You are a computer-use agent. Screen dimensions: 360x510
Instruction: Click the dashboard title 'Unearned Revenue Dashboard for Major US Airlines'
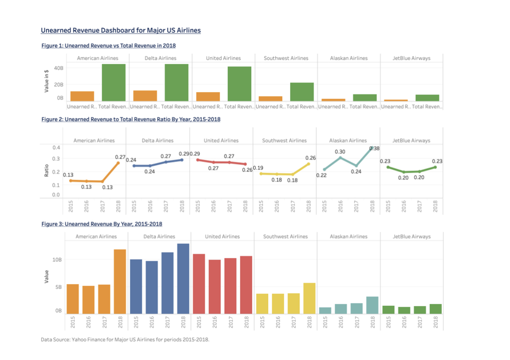pyautogui.click(x=121, y=30)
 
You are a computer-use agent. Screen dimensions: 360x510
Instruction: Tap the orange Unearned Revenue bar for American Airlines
pyautogui.click(x=82, y=96)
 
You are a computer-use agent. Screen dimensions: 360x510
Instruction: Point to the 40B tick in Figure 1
pyautogui.click(x=59, y=68)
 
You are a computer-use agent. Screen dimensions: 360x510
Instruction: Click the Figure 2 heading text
pyautogui.click(x=131, y=119)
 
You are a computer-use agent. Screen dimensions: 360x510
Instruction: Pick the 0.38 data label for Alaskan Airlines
pyautogui.click(x=375, y=148)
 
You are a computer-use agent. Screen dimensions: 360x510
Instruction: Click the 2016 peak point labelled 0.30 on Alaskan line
pyautogui.click(x=340, y=157)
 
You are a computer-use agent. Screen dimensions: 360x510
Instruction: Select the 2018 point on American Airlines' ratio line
pyautogui.click(x=118, y=163)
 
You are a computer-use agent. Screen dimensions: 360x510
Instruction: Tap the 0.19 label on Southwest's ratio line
pyautogui.click(x=258, y=168)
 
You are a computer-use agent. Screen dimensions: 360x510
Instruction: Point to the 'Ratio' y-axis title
pyautogui.click(x=46, y=171)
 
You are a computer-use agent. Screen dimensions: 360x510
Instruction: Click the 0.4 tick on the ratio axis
pyautogui.click(x=56, y=147)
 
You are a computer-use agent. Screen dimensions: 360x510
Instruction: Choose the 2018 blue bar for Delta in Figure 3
pyautogui.click(x=183, y=278)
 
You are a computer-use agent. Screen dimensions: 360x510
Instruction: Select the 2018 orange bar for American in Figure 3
pyautogui.click(x=120, y=282)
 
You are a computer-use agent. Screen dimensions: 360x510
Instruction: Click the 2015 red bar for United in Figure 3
pyautogui.click(x=199, y=284)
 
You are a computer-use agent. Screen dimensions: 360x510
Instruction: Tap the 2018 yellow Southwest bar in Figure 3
pyautogui.click(x=309, y=298)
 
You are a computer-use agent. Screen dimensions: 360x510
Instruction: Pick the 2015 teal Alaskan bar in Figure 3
pyautogui.click(x=325, y=310)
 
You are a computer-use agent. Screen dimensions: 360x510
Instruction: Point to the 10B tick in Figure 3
pyautogui.click(x=57, y=260)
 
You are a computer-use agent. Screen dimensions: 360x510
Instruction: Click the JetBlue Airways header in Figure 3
pyautogui.click(x=411, y=237)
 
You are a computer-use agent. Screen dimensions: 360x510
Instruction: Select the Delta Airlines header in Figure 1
pyautogui.click(x=160, y=58)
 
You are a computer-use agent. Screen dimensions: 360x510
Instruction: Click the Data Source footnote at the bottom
pyautogui.click(x=125, y=340)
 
